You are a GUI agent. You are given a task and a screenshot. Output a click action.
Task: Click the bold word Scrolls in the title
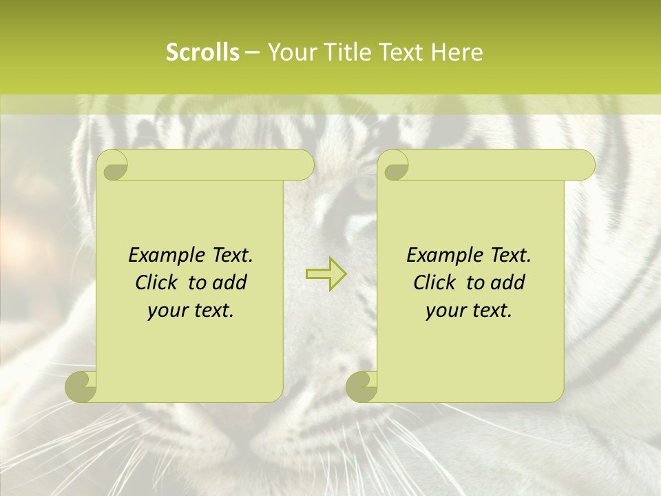(x=202, y=52)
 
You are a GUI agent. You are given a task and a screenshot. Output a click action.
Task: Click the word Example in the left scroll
(x=165, y=256)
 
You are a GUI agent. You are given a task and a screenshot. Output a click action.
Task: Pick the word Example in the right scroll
(x=443, y=256)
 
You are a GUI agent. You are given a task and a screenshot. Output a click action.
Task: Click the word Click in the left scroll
(x=157, y=283)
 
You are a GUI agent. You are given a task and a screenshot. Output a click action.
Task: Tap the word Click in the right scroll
(x=435, y=283)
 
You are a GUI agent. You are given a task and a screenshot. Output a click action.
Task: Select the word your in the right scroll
(x=444, y=311)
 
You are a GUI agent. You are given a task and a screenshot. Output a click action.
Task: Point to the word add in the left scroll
(x=230, y=283)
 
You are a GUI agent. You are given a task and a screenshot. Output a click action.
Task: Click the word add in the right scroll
(x=508, y=283)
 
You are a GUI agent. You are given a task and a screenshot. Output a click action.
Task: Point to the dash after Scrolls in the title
(x=252, y=52)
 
